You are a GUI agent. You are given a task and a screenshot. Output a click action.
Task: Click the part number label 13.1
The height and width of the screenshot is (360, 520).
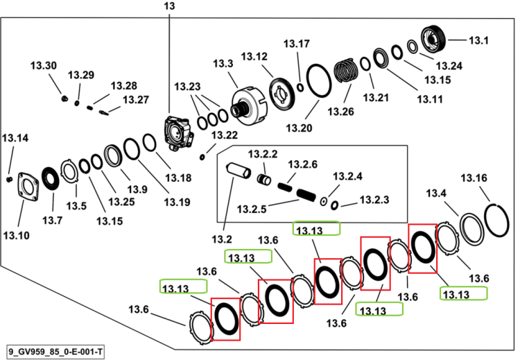478,40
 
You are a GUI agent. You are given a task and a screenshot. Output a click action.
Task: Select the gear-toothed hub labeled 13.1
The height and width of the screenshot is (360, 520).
433,39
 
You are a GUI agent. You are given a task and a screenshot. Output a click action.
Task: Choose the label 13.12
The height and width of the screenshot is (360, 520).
254,57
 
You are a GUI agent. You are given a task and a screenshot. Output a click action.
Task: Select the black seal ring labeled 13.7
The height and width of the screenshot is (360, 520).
51,179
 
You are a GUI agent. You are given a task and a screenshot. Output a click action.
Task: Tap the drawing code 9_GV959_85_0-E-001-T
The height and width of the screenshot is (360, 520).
55,352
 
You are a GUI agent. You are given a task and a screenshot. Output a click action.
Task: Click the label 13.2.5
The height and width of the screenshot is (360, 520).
252,209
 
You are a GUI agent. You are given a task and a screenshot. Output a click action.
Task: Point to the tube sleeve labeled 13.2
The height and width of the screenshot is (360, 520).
239,171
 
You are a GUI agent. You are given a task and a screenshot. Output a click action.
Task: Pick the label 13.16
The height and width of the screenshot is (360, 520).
474,178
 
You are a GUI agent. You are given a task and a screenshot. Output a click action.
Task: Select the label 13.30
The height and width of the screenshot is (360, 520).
44,66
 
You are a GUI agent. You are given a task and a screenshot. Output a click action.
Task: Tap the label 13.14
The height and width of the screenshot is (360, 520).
15,138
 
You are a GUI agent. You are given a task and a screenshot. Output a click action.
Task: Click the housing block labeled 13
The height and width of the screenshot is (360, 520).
178,133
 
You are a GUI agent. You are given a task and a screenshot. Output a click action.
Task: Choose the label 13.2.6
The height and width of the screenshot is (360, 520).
302,164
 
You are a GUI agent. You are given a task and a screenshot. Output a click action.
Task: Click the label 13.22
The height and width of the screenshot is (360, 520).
225,135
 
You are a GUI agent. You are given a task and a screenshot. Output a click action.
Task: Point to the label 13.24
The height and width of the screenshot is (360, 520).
449,66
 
